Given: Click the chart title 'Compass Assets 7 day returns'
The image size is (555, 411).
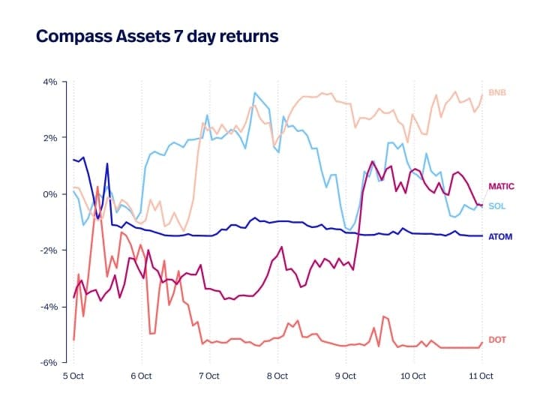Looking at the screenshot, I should [x=157, y=36].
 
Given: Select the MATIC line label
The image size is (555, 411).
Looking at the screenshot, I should [x=501, y=186].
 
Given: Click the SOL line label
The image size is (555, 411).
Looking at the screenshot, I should [x=496, y=206].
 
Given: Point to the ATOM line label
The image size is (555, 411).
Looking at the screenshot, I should [x=499, y=237].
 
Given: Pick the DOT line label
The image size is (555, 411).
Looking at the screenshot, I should [x=496, y=340].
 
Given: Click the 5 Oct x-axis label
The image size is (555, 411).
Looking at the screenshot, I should [x=73, y=376].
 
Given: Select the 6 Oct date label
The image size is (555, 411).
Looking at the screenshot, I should [x=141, y=376].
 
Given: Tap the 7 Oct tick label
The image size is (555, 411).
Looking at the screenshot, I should [x=208, y=376].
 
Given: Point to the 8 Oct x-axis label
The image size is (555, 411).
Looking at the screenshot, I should [x=277, y=376].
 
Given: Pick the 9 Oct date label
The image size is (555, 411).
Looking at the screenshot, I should [x=345, y=376].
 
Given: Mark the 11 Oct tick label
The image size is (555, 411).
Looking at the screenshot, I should [x=480, y=376].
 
